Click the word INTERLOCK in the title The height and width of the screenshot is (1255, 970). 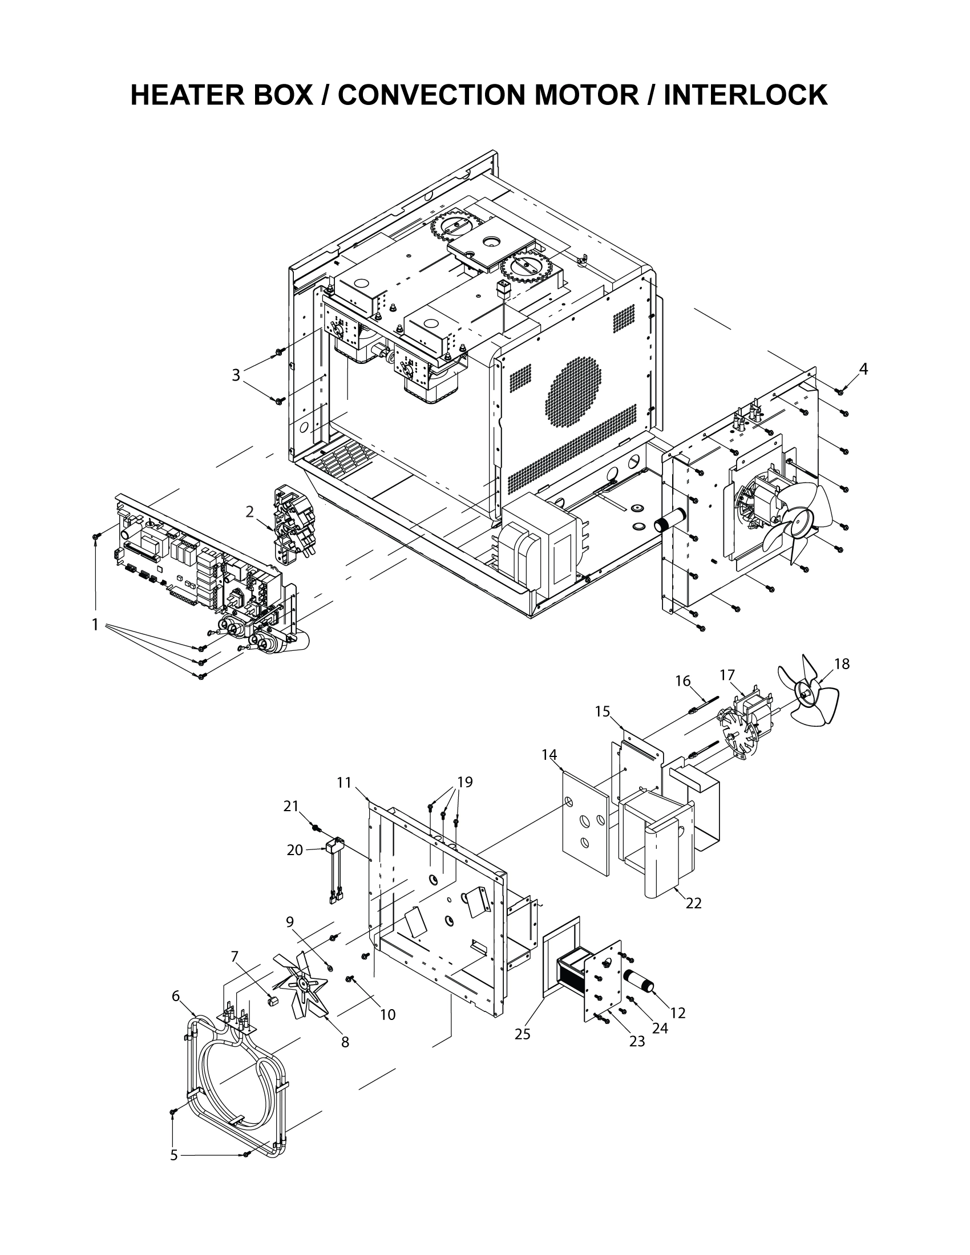coord(745,95)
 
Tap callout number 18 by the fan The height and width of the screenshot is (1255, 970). coord(841,664)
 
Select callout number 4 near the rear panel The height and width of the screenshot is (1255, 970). coord(863,369)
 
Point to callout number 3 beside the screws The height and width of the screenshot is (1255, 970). coord(236,375)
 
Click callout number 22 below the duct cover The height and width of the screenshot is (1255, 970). coord(694,904)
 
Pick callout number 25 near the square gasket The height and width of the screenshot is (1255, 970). coord(522,1034)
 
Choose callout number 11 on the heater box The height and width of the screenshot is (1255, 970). coord(343,783)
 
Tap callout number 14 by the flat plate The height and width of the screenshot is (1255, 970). coord(549,755)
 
